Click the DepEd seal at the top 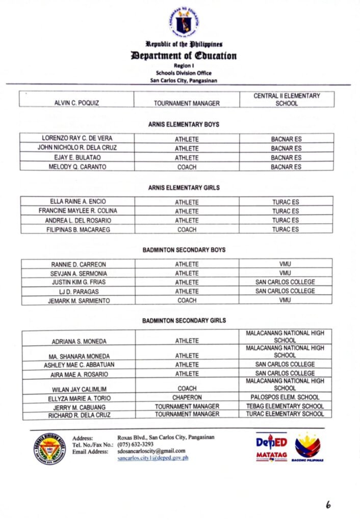pyautogui.click(x=184, y=21)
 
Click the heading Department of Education pyautogui.click(x=184, y=56)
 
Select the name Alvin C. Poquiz pyautogui.click(x=76, y=103)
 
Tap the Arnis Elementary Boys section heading pyautogui.click(x=184, y=124)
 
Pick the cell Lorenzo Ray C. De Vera pyautogui.click(x=77, y=138)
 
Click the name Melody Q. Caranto pyautogui.click(x=77, y=167)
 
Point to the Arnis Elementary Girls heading pyautogui.click(x=184, y=188)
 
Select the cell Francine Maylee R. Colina pyautogui.click(x=77, y=211)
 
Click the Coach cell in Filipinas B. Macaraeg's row pyautogui.click(x=187, y=229)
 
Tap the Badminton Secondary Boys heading pyautogui.click(x=184, y=250)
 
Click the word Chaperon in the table pyautogui.click(x=187, y=397)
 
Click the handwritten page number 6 pyautogui.click(x=328, y=505)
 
